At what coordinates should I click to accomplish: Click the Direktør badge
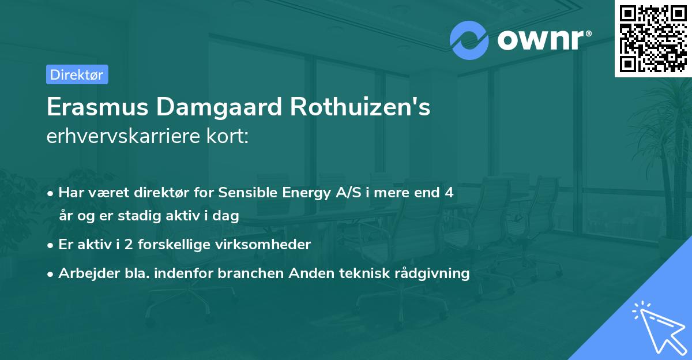click(77, 74)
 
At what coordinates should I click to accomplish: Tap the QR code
click(653, 38)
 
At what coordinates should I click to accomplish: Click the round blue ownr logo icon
click(469, 40)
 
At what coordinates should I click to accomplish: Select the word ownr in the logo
click(542, 40)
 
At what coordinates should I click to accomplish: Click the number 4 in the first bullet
click(449, 193)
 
